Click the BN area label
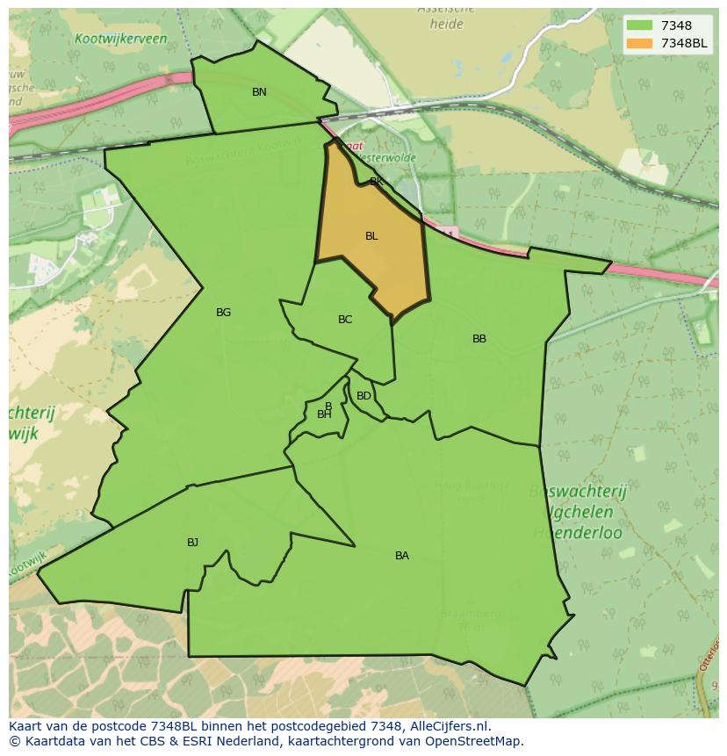point(259,92)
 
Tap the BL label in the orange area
point(371,236)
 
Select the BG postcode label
point(224,313)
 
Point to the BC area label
point(345,320)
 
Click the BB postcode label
point(479,339)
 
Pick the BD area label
point(363,396)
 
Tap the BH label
point(324,414)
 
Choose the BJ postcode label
point(193,543)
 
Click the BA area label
point(402,556)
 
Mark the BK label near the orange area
point(377,182)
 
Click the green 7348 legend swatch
point(640,26)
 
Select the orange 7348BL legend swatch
point(640,44)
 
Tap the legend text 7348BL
point(685,44)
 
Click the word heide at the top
point(446,25)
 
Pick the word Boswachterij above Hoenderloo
point(577,492)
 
